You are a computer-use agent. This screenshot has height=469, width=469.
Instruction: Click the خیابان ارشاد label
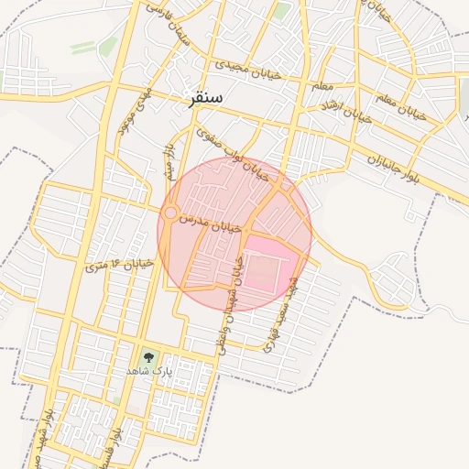point(345,112)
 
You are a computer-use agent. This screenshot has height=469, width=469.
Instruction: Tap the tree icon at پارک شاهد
point(148,356)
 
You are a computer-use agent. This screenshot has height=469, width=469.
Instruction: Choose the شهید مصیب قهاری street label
point(278,314)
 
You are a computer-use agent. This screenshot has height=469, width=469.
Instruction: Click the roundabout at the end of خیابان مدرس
point(169,213)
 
